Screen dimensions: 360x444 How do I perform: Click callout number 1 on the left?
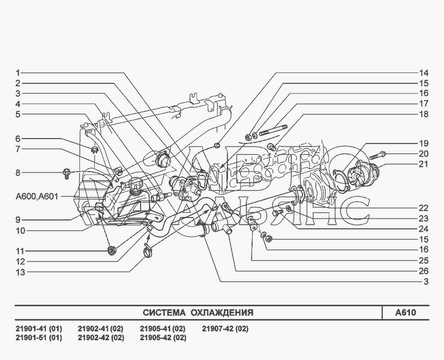pos(17,72)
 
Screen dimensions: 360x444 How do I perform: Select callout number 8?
pos(17,173)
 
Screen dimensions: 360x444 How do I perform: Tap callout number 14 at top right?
pos(424,72)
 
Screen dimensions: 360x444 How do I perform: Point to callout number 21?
pos(424,164)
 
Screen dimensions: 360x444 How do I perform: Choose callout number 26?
pos(424,271)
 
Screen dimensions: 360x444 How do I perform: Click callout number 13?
pos(20,272)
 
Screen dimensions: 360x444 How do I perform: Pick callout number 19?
pos(424,143)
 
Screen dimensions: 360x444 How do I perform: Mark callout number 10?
pos(20,230)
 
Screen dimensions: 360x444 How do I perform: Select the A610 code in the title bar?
pos(406,313)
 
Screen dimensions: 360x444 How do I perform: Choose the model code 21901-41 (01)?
pos(39,329)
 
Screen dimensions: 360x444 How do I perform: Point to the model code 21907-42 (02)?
pos(225,329)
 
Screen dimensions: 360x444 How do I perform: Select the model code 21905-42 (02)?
pos(163,338)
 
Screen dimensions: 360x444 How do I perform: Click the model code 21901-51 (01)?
pos(39,338)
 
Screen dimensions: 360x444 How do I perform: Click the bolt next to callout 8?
pos(66,173)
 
